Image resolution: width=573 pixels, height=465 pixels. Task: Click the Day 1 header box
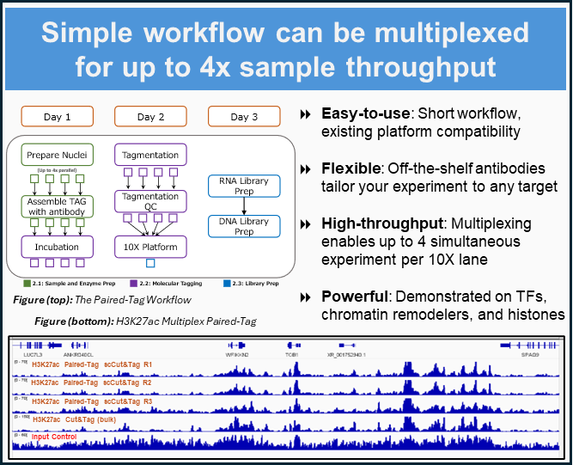[x=57, y=117]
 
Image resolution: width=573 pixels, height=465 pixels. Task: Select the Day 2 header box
[x=150, y=117]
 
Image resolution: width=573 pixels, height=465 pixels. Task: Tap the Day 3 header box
[x=244, y=117]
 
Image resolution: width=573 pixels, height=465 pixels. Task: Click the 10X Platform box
[x=150, y=247]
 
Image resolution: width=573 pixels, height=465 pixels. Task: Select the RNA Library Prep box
[x=244, y=186]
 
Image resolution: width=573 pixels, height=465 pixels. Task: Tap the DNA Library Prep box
[x=244, y=226]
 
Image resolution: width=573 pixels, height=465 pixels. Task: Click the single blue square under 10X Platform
[x=150, y=263]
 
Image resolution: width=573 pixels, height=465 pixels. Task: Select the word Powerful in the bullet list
[x=353, y=297]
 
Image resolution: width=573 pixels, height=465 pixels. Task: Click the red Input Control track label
[x=53, y=437]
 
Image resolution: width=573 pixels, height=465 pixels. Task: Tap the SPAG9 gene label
[x=530, y=354]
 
